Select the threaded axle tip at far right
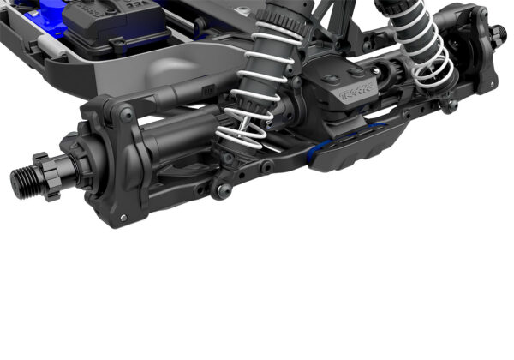click(x=497, y=35)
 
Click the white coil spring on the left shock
click(x=257, y=94)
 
